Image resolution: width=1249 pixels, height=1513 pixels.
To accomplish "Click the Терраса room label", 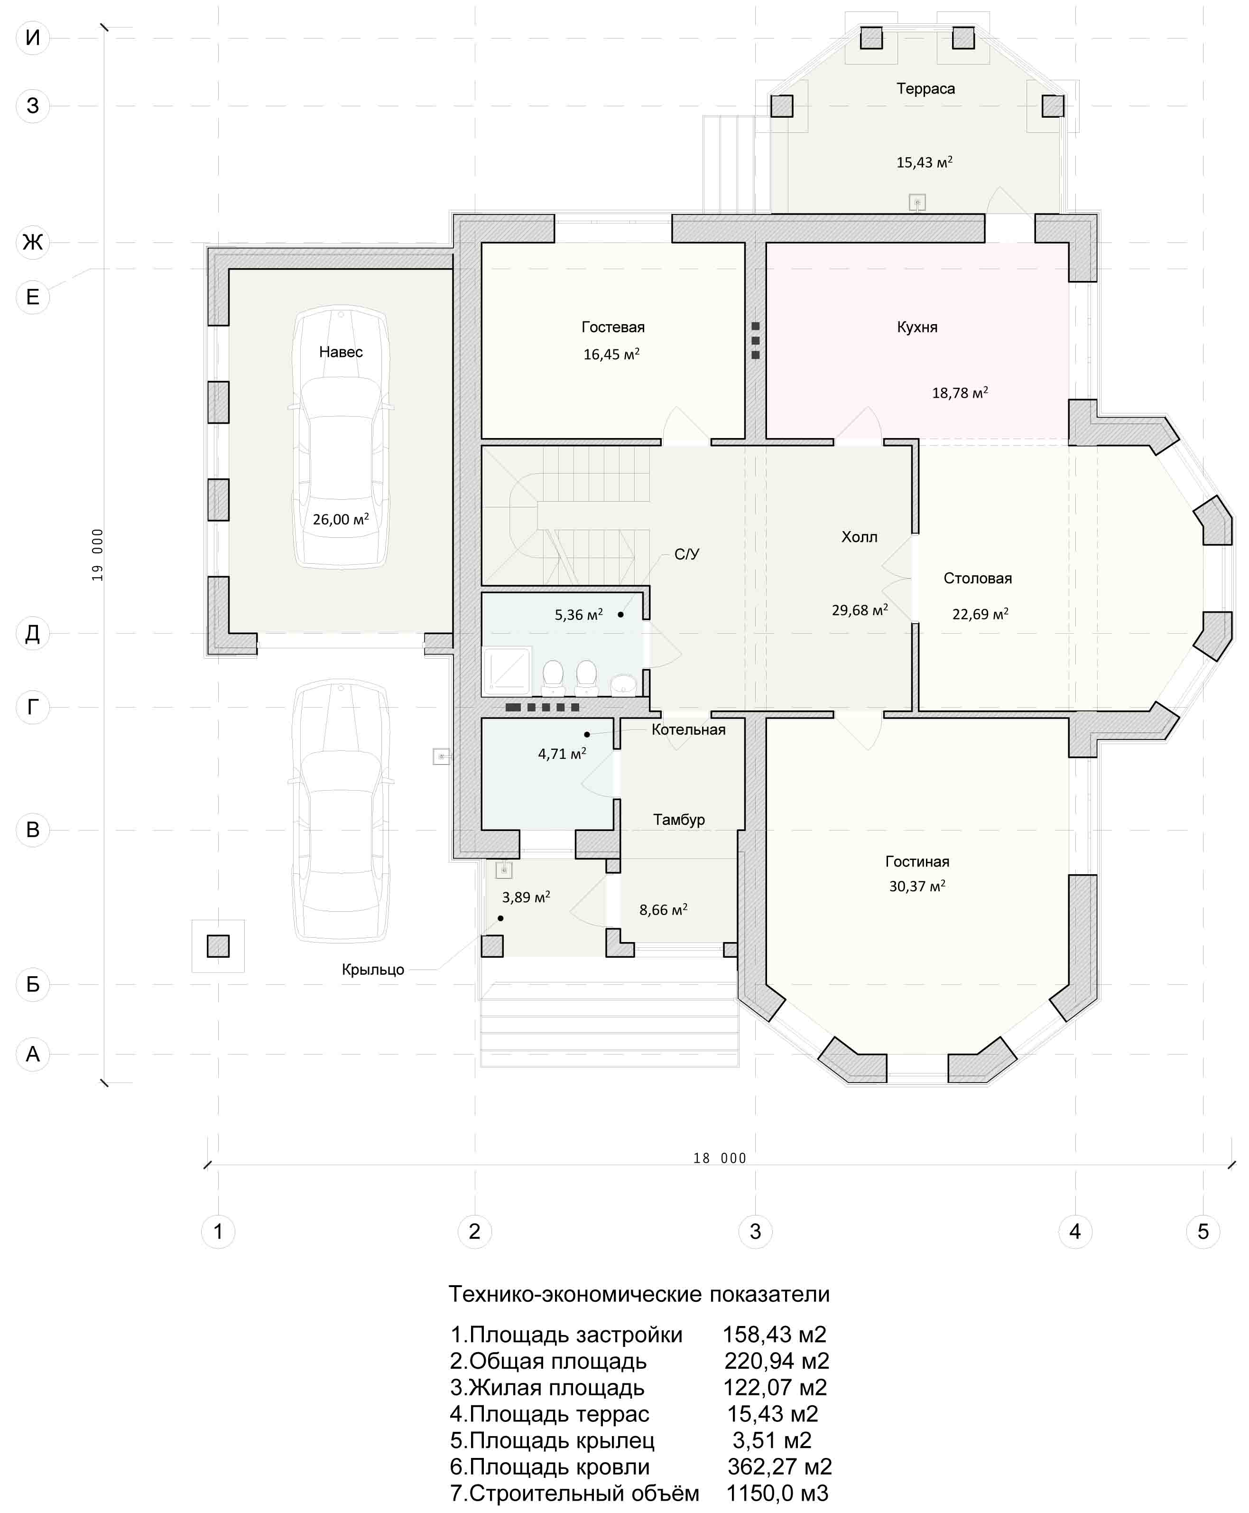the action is [925, 89].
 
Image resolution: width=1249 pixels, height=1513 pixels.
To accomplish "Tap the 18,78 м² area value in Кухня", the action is [960, 392].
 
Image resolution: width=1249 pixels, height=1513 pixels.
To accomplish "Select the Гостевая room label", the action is [613, 327].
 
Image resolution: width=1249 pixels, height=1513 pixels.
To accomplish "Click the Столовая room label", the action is [977, 578].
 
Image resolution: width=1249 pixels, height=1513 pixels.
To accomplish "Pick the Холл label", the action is [859, 536].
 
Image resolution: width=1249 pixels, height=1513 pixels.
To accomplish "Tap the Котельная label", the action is [688, 729].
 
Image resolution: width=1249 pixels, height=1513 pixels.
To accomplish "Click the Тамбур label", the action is [678, 819].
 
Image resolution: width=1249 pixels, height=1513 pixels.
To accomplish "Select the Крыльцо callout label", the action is [373, 970].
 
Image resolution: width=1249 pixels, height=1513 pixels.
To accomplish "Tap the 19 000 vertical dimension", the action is [98, 555].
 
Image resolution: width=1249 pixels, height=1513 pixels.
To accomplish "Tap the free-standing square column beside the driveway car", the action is [218, 946].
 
